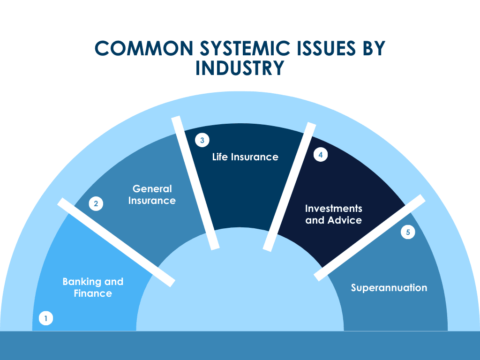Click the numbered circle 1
[45, 319]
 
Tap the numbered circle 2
[96, 203]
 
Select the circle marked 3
[202, 140]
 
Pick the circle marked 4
[320, 155]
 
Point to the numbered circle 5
[408, 232]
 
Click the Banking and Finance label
[93, 287]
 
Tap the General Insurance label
[152, 195]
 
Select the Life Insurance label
[245, 157]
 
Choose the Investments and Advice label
[334, 214]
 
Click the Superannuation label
[389, 287]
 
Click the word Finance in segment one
[93, 293]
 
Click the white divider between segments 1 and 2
[116, 242]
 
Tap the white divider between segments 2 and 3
[195, 183]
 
